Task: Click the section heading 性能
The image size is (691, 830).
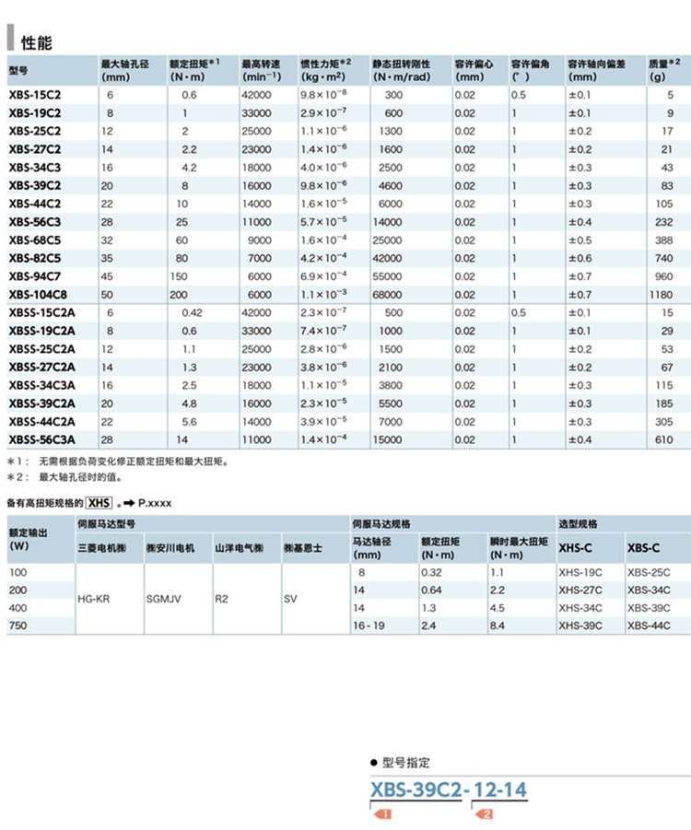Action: coord(37,42)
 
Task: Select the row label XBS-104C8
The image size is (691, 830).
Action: coord(38,295)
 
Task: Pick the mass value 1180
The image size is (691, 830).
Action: coord(661,295)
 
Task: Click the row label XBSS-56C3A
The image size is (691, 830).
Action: coord(42,439)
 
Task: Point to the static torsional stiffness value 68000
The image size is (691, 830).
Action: coord(388,295)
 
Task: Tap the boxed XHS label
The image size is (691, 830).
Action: coord(99,502)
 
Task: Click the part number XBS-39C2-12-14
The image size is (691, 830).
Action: coord(449,789)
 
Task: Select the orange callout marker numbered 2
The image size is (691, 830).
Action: coord(484,814)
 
